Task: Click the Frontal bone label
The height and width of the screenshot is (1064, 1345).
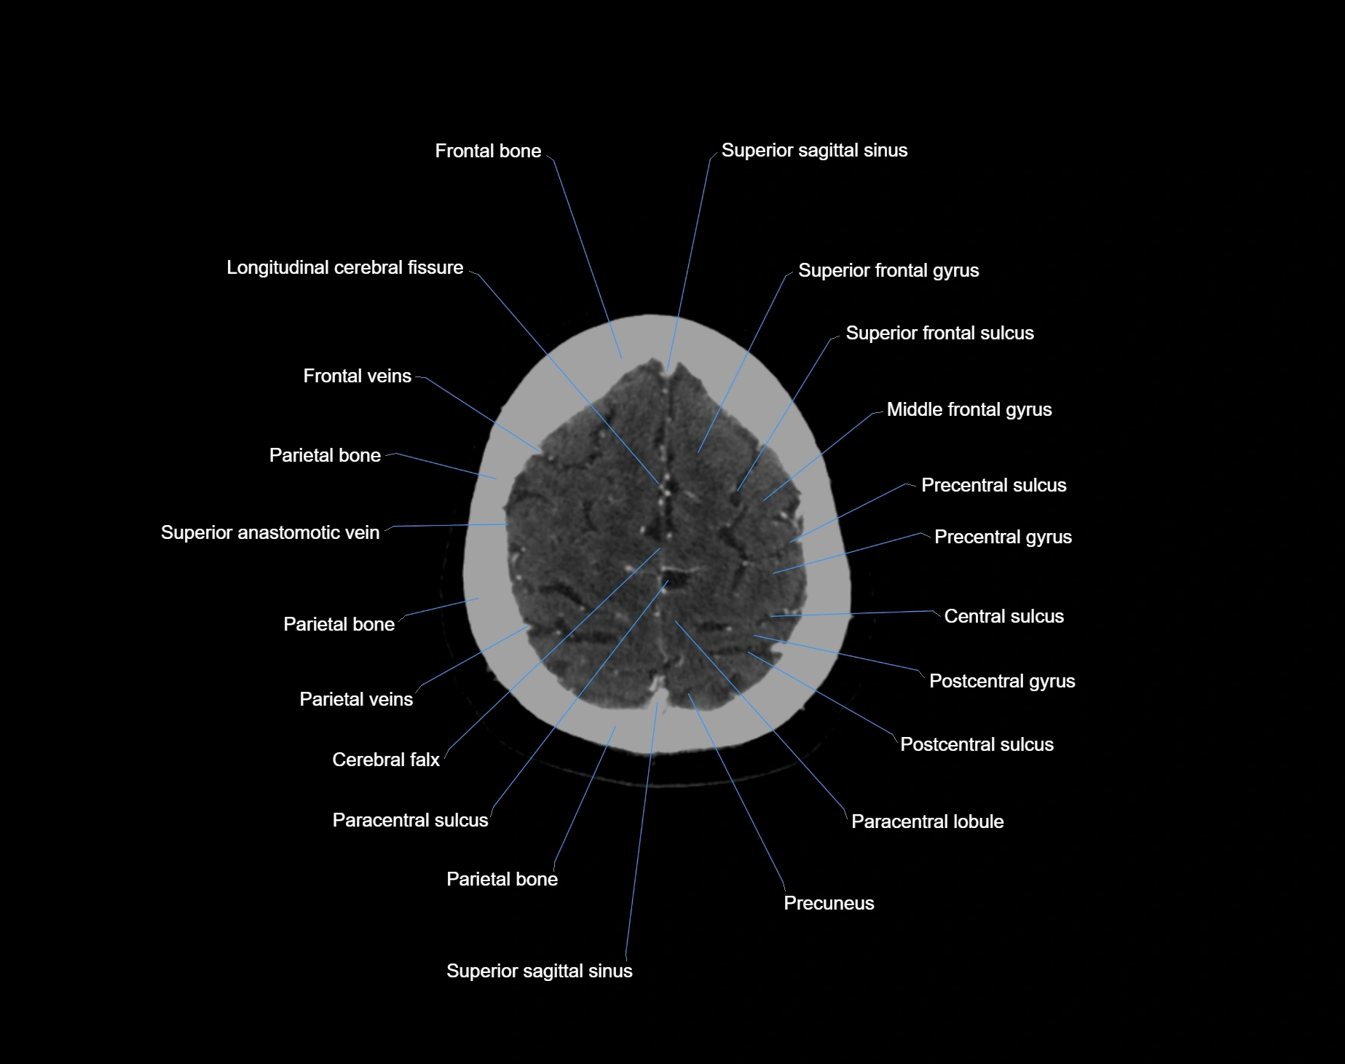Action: click(488, 151)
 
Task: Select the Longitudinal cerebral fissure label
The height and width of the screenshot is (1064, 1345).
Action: click(344, 267)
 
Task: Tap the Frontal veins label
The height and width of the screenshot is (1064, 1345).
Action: click(357, 376)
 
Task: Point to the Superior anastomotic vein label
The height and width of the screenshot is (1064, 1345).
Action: click(270, 532)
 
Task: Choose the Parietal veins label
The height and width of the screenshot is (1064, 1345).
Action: click(356, 699)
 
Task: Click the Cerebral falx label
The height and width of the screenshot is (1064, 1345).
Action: click(385, 760)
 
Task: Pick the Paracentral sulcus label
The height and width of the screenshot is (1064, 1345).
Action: click(410, 820)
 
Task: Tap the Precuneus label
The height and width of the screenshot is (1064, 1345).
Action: click(829, 903)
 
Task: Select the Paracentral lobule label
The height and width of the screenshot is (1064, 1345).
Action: click(927, 821)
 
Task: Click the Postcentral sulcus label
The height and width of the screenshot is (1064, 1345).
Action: click(977, 744)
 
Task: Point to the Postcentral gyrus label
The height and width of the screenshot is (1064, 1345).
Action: click(1002, 681)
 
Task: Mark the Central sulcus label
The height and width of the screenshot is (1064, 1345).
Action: click(1003, 616)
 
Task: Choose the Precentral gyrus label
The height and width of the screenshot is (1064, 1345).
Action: click(1003, 537)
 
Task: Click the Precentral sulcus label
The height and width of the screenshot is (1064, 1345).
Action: click(993, 485)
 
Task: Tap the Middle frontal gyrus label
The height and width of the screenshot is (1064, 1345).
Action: click(969, 409)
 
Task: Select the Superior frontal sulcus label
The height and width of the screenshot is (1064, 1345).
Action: click(939, 333)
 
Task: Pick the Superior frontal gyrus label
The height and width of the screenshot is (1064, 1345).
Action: click(888, 270)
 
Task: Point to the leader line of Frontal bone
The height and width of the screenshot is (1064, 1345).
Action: click(587, 255)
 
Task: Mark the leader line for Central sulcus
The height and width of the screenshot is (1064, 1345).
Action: click(852, 614)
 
